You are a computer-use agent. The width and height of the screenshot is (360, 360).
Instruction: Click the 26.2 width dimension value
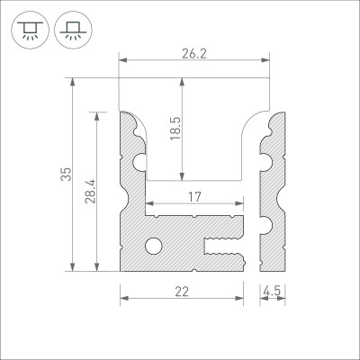click(194, 53)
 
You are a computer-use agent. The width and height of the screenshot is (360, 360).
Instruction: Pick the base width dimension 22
click(182, 291)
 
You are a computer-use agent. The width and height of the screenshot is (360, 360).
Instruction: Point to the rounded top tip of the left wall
click(128, 115)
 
